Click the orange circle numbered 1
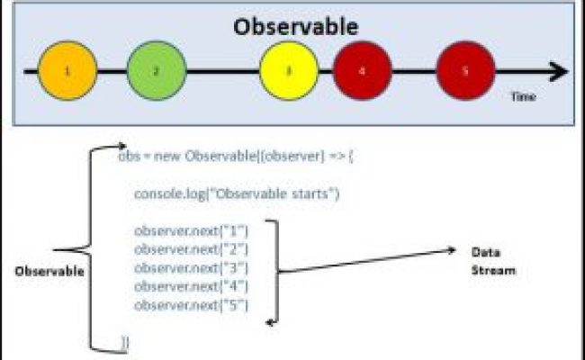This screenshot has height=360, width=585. [67, 69]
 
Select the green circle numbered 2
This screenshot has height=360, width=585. [156, 69]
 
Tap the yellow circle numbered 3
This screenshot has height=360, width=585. [289, 69]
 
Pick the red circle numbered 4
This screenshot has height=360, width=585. [362, 69]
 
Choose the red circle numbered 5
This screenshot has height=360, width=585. [464, 69]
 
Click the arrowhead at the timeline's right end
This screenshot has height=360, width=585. [559, 70]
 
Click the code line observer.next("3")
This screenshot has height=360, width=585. [191, 268]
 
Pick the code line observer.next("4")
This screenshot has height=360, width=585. [191, 287]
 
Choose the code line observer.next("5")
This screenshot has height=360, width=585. [191, 306]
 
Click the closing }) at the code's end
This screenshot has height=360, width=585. [125, 341]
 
